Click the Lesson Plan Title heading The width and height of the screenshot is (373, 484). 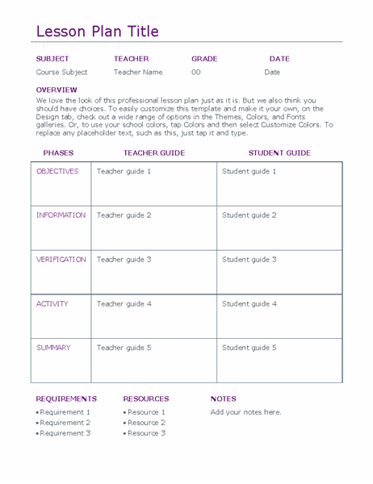pos(98,31)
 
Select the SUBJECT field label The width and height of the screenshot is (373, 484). pos(52,59)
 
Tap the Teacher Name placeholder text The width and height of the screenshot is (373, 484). pos(138,72)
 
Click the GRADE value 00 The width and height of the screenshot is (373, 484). pos(196,72)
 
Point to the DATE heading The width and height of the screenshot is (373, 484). pos(279,59)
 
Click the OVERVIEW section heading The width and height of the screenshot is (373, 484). pos(57,90)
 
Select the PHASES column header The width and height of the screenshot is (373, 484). pos(58,152)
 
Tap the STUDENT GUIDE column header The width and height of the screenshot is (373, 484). pos(279,152)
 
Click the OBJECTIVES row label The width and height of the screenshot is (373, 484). pos(57,171)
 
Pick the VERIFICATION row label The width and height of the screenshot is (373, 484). pos(61,260)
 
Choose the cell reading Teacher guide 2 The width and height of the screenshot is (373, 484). pos(124,215)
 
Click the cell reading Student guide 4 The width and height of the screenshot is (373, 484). pos(249,304)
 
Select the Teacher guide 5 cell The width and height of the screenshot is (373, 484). pos(124,348)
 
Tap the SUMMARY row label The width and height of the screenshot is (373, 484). pos(53,348)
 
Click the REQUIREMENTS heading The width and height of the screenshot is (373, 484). pos(66,398)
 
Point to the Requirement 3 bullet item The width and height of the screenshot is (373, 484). pos(65,433)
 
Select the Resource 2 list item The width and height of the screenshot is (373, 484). pos(146,423)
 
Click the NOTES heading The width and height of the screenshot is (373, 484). pos(224,398)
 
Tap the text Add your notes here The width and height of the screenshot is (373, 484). pos(246,412)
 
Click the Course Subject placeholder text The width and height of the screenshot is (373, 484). pos(62,72)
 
